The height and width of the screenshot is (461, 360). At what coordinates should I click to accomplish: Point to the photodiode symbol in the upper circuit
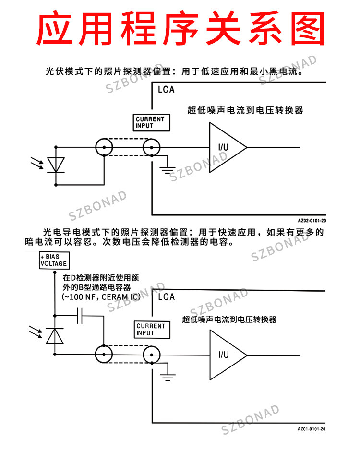point(56,165)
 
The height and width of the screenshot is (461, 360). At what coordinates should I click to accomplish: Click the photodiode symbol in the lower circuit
point(55,336)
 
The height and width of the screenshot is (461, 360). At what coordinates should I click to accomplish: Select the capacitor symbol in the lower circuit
point(80,316)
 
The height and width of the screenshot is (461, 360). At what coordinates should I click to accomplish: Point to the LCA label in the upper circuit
point(166,89)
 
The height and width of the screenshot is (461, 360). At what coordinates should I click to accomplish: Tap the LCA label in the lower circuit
point(167,296)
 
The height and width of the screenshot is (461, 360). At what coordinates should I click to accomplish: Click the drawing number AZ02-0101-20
point(312,221)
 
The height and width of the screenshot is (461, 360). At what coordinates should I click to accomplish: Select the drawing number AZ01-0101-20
point(312,429)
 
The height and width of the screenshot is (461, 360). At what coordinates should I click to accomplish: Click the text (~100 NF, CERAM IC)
point(101,297)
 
